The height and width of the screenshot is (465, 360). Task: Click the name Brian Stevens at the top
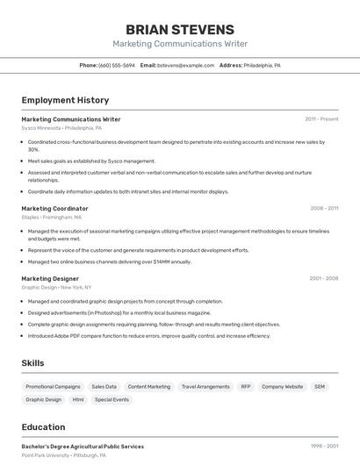[180, 29]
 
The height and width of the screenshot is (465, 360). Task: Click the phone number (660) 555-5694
[117, 66]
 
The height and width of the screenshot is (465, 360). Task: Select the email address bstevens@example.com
[185, 66]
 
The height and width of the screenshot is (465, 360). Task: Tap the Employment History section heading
[65, 100]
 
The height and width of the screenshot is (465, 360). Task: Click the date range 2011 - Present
[321, 119]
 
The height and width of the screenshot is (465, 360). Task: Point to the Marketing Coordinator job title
[54, 209]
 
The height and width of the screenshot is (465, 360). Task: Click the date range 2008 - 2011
[324, 209]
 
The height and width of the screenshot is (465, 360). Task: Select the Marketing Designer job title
[50, 278]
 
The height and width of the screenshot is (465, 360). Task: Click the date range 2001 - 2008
[323, 278]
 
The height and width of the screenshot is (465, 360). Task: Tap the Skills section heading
[32, 363]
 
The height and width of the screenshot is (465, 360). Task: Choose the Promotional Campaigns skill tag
[53, 386]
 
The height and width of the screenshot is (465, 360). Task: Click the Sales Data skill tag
[104, 386]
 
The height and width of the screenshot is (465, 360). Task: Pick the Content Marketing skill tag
[149, 386]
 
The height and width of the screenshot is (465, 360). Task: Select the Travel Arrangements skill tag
[205, 386]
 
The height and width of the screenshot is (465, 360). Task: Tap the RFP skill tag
[246, 386]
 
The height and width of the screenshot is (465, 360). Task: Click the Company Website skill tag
[282, 386]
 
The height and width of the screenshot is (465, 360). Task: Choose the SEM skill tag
[320, 386]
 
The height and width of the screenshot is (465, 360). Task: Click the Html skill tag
[78, 399]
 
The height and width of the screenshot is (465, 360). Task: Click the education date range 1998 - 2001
[324, 447]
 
